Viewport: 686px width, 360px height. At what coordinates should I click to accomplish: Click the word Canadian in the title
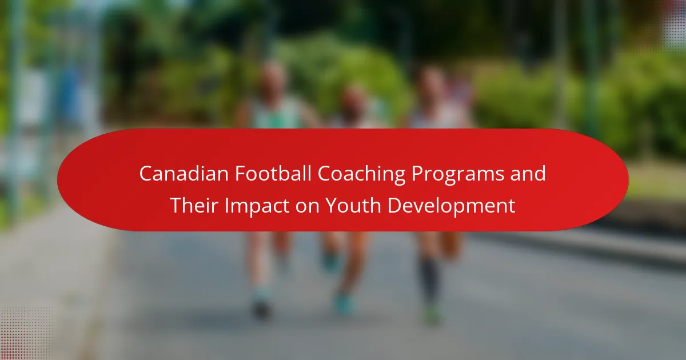tap(184, 174)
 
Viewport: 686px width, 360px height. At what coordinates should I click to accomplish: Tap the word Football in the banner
tap(273, 174)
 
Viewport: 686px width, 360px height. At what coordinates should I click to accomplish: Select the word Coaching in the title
tap(361, 175)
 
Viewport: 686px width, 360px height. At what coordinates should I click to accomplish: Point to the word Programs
tap(457, 175)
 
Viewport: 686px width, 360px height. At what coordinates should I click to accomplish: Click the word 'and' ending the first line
tap(528, 174)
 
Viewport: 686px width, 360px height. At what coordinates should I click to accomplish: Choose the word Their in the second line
tap(194, 205)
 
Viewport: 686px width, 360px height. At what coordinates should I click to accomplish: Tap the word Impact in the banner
tap(257, 207)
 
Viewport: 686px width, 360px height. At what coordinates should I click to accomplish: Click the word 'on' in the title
tap(307, 207)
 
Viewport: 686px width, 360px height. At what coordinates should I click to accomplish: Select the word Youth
tap(353, 205)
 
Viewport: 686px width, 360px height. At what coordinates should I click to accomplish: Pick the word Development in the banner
tap(452, 207)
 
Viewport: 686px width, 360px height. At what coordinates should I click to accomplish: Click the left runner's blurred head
tap(272, 80)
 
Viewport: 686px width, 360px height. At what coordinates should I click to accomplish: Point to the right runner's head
tap(431, 85)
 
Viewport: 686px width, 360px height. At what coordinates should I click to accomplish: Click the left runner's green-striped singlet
tap(277, 113)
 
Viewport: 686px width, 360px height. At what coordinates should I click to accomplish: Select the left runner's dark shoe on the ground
tap(261, 310)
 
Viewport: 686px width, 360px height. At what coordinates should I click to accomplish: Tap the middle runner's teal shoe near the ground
tap(344, 305)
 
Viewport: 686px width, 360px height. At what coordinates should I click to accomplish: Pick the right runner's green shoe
tap(432, 314)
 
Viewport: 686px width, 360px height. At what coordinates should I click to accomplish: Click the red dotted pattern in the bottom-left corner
tap(26, 334)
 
